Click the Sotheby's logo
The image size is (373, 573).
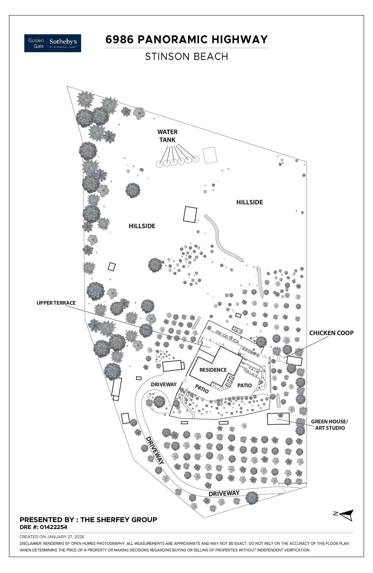(x=53, y=43)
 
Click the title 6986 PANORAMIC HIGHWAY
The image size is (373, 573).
(x=186, y=40)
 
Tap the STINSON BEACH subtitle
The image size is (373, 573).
(x=186, y=57)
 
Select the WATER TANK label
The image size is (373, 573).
(x=167, y=136)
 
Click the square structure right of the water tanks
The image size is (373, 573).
(x=210, y=155)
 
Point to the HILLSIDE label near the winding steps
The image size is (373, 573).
(x=249, y=202)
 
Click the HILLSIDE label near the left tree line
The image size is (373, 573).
(x=142, y=226)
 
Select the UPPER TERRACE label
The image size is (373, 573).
(x=56, y=303)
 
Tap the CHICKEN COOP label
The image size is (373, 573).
(x=331, y=333)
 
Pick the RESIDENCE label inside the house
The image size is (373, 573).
(x=213, y=370)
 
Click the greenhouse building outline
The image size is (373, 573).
(x=278, y=419)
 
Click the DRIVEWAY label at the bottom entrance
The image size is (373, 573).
(x=224, y=493)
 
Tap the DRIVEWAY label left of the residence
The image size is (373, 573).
(x=164, y=384)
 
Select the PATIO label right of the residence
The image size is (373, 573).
(x=244, y=385)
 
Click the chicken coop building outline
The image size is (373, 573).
(x=294, y=361)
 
